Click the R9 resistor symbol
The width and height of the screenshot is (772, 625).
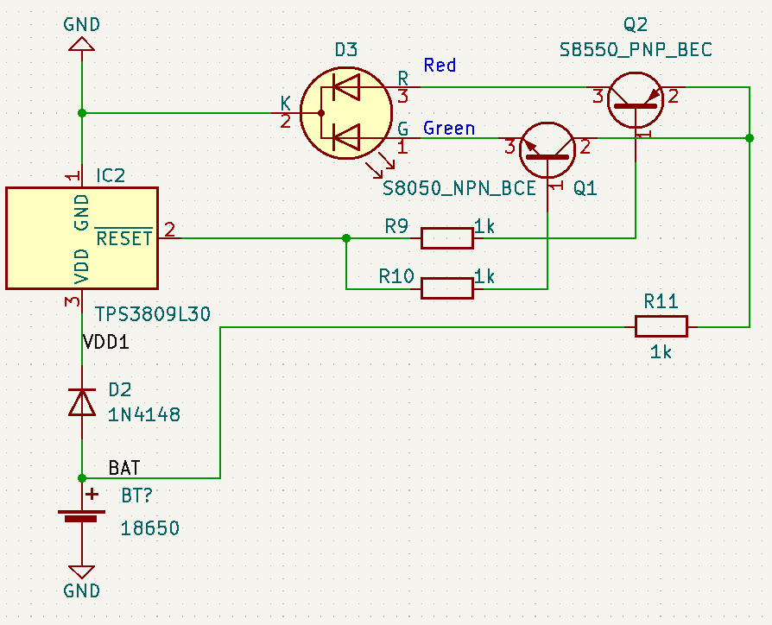click(x=446, y=237)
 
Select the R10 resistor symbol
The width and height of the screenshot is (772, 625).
click(x=446, y=288)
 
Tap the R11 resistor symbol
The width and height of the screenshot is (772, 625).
click(x=661, y=326)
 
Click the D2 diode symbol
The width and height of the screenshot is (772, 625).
click(x=82, y=402)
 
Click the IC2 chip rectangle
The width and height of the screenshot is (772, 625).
click(x=82, y=237)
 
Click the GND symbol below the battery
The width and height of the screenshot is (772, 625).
click(x=82, y=571)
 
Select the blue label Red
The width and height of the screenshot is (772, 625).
click(x=440, y=66)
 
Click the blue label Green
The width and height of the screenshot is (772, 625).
click(x=449, y=129)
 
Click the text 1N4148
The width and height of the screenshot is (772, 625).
click(x=144, y=414)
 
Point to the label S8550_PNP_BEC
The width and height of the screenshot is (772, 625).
click(x=636, y=50)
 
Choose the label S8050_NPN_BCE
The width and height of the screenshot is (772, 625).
click(x=459, y=188)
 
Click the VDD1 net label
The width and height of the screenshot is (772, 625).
click(x=106, y=342)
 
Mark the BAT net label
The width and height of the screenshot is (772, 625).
click(x=124, y=468)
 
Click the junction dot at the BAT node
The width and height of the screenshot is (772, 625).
click(x=82, y=477)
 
